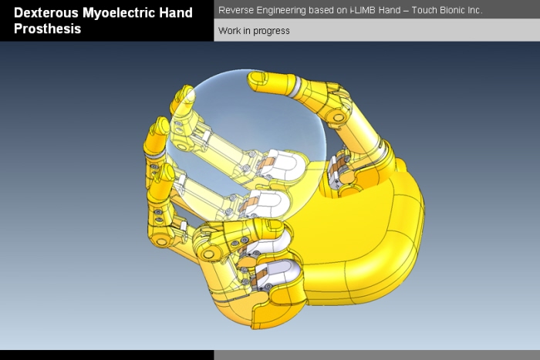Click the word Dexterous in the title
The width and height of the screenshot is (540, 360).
46,13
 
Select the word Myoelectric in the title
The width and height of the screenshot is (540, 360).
122,13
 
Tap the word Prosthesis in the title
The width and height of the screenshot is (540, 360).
47,29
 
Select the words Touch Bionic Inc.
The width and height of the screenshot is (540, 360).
448,11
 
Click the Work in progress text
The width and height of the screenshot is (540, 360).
254,31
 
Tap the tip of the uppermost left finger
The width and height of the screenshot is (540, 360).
184,96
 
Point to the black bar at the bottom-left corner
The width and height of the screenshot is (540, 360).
106,355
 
